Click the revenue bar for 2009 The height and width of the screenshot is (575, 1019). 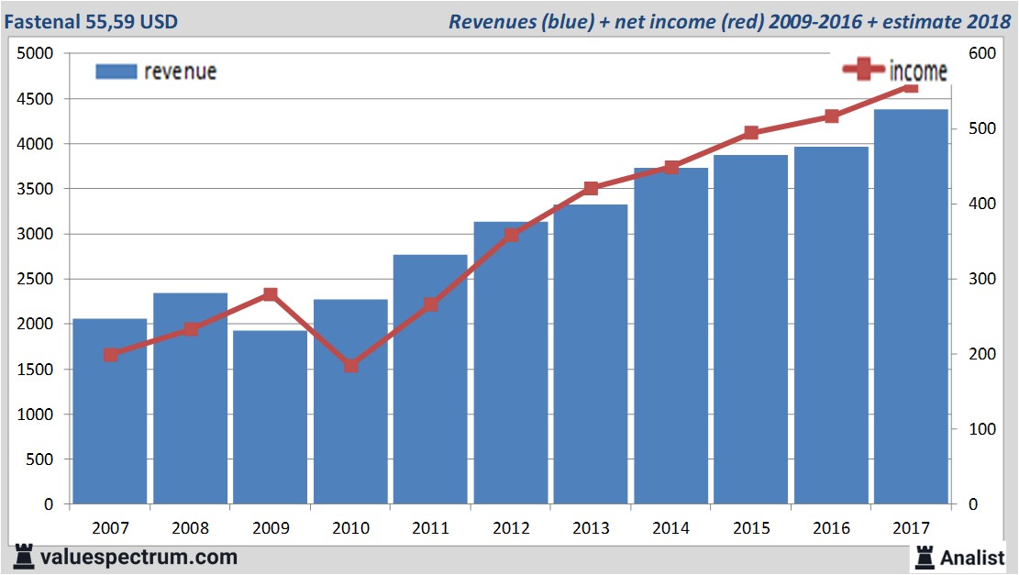point(270,417)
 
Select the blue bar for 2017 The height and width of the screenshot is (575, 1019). point(911,307)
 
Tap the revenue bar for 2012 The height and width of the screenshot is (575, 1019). point(511,363)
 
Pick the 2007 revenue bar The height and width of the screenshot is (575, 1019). point(110,412)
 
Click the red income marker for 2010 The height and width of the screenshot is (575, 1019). point(350,365)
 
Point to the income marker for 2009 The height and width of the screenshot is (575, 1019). point(270,294)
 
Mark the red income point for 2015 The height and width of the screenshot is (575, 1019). point(751,133)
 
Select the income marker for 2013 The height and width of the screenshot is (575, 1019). point(591,188)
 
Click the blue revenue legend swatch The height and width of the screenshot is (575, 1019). point(116,72)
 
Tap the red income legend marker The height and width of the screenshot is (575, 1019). point(863,69)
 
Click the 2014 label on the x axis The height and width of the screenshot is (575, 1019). point(671,528)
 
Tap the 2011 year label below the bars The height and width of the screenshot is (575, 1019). point(431,528)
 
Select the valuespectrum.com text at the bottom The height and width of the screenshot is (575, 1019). point(138,557)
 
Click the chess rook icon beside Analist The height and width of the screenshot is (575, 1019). point(925,557)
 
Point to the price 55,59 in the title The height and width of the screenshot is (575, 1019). point(117,20)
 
